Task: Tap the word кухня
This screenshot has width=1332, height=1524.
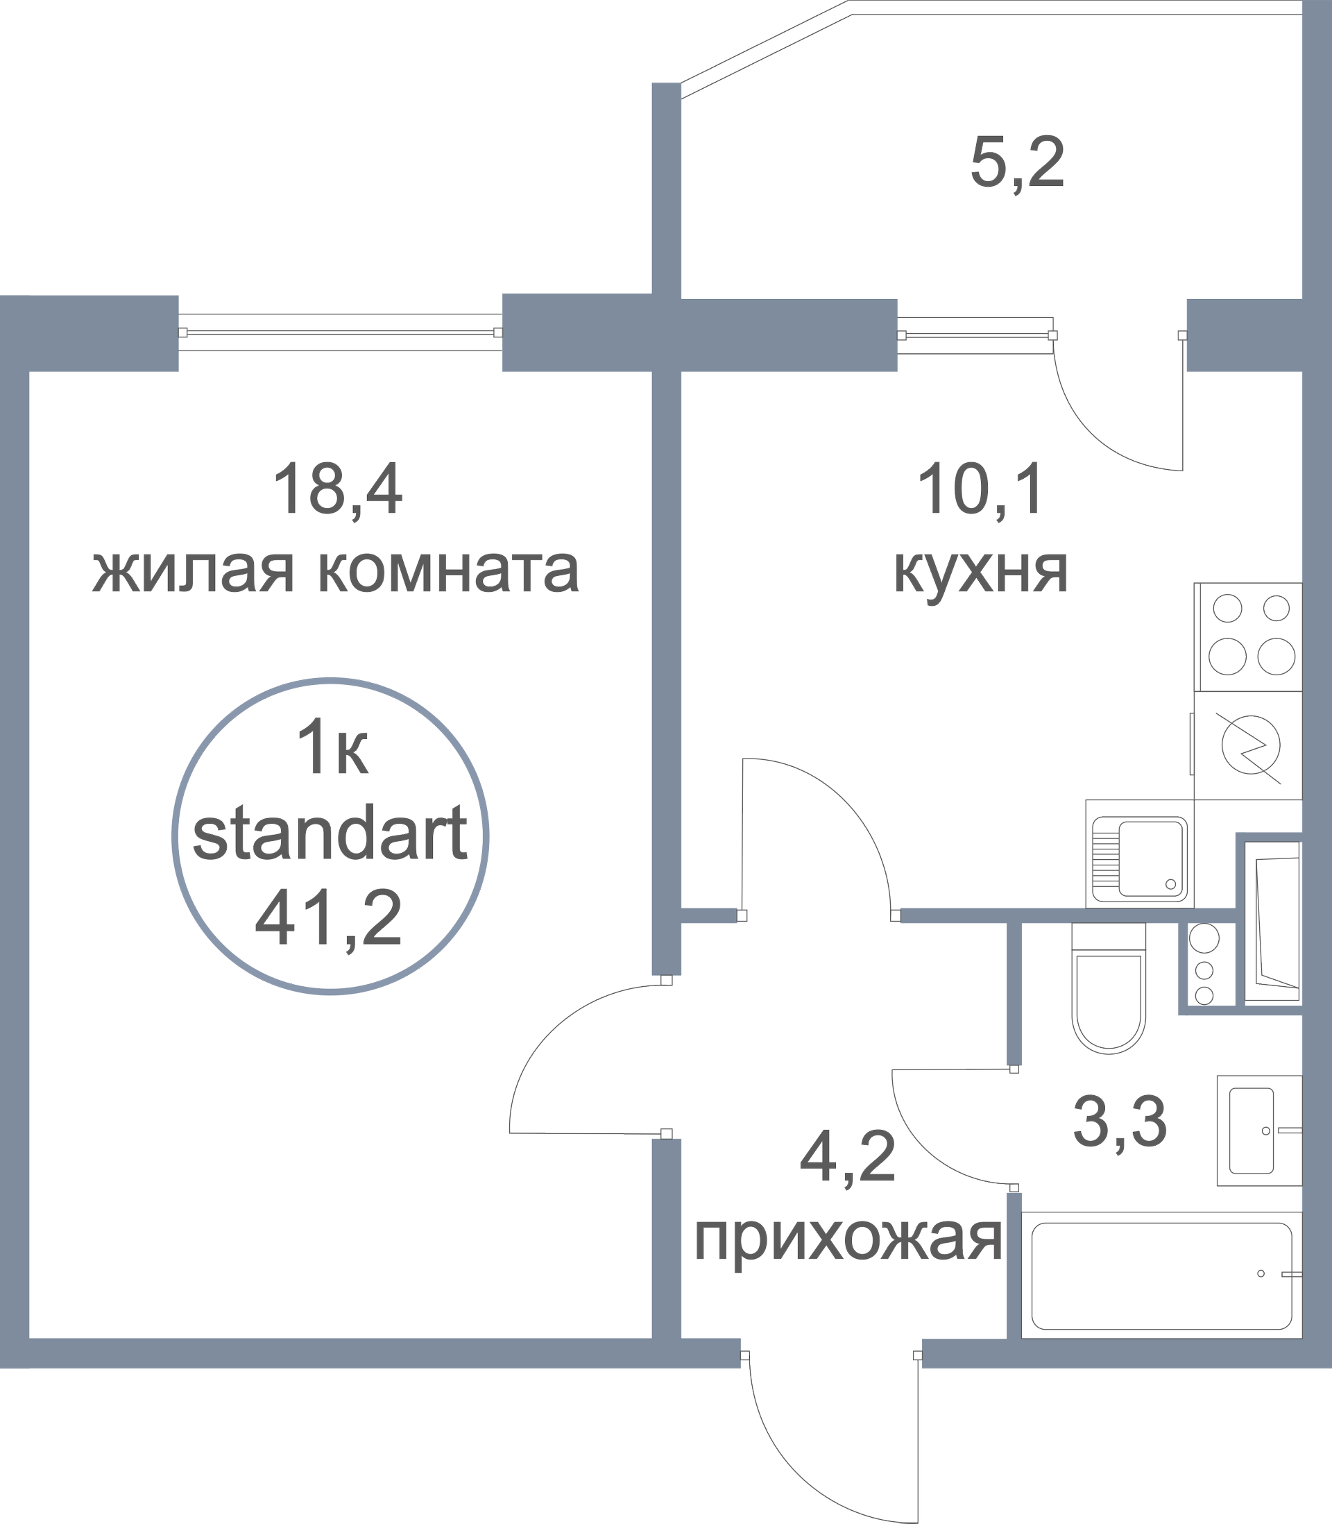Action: [x=980, y=572]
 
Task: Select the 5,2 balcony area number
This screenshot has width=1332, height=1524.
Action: [x=1017, y=164]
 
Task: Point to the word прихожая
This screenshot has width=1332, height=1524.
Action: [x=848, y=1241]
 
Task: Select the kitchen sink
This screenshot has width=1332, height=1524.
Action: [x=1138, y=855]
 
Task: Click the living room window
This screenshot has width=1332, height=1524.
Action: [x=341, y=333]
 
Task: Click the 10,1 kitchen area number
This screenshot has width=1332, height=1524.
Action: [x=980, y=490]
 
